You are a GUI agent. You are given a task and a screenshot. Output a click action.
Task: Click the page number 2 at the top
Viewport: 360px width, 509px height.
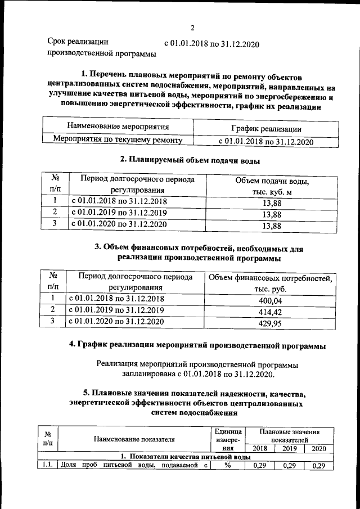[x=192, y=28]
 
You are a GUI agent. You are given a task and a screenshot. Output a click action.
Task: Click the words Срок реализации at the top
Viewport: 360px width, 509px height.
[x=78, y=42]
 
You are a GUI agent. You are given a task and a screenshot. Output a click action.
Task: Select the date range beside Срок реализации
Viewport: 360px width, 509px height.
[x=211, y=44]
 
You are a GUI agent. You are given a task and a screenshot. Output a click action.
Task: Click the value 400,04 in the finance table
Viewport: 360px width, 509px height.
[x=269, y=301]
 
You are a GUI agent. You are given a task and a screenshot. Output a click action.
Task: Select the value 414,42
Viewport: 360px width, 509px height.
[x=269, y=312]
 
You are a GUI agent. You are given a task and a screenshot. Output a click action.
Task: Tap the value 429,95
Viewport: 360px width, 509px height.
[x=269, y=323]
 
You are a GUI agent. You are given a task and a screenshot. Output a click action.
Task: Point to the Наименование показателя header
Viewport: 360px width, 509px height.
[x=134, y=440]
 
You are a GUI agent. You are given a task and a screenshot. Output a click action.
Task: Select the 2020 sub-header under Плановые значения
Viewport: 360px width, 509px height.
[x=318, y=449]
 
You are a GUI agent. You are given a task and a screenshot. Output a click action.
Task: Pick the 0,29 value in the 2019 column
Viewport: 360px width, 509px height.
[x=289, y=466]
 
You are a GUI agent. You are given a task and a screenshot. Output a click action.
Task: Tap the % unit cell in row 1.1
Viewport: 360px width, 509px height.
[x=228, y=466]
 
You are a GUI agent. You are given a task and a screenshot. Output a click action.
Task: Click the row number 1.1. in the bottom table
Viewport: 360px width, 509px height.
[x=47, y=466]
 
